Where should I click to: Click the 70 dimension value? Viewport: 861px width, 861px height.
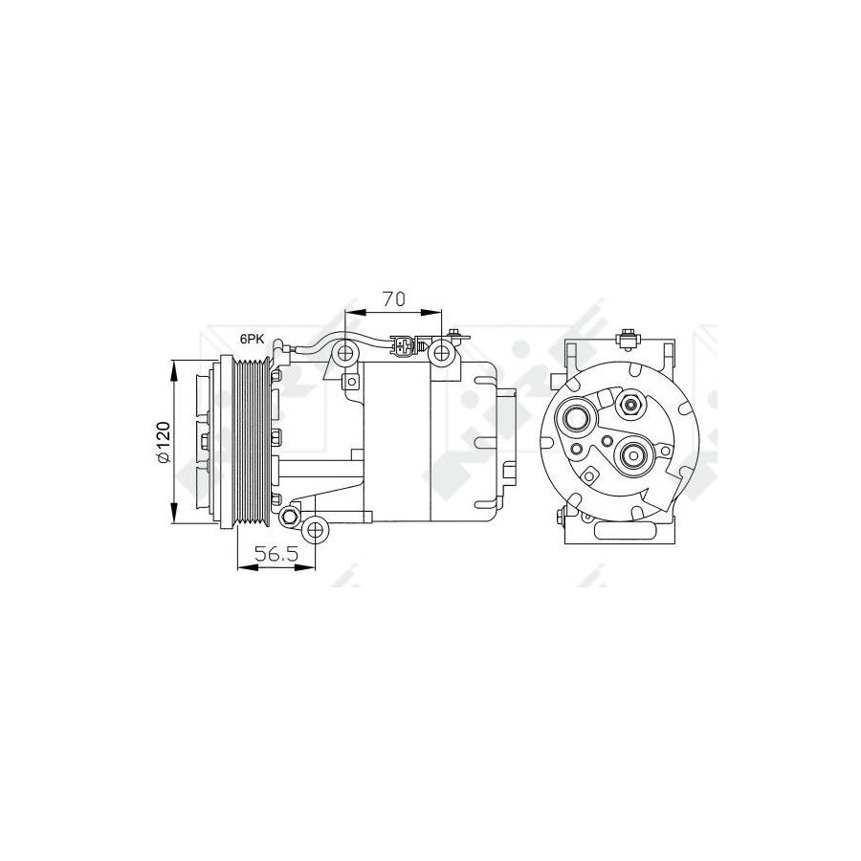click(394, 298)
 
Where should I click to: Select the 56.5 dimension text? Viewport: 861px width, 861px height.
click(276, 554)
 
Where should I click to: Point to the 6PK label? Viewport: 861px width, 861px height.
click(252, 340)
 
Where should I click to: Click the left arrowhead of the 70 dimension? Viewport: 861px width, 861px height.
click(355, 313)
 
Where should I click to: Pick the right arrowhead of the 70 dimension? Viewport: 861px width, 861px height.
click(431, 313)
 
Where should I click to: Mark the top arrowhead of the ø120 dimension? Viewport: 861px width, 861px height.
click(174, 370)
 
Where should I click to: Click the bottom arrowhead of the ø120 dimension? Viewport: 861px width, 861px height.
click(174, 514)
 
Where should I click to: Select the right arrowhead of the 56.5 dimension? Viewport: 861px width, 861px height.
click(305, 566)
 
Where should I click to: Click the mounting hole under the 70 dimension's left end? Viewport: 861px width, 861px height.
click(344, 352)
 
